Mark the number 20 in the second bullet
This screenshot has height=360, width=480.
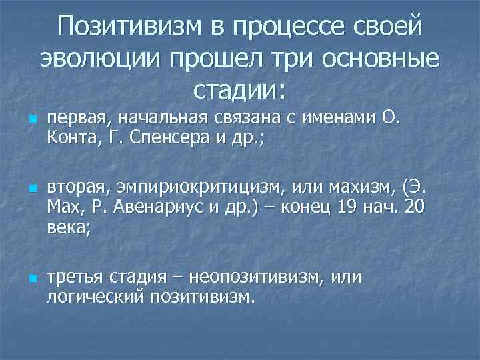(413, 207)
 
